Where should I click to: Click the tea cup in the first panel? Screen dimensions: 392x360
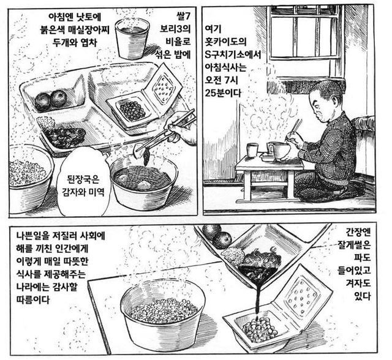pos(132,38)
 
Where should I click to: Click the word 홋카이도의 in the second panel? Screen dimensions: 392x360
pos(225,42)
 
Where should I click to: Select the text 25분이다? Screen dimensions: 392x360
pos(223,93)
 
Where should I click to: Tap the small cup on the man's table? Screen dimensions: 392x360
pos(252,150)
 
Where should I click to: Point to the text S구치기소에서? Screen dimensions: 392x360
pos(233,54)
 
